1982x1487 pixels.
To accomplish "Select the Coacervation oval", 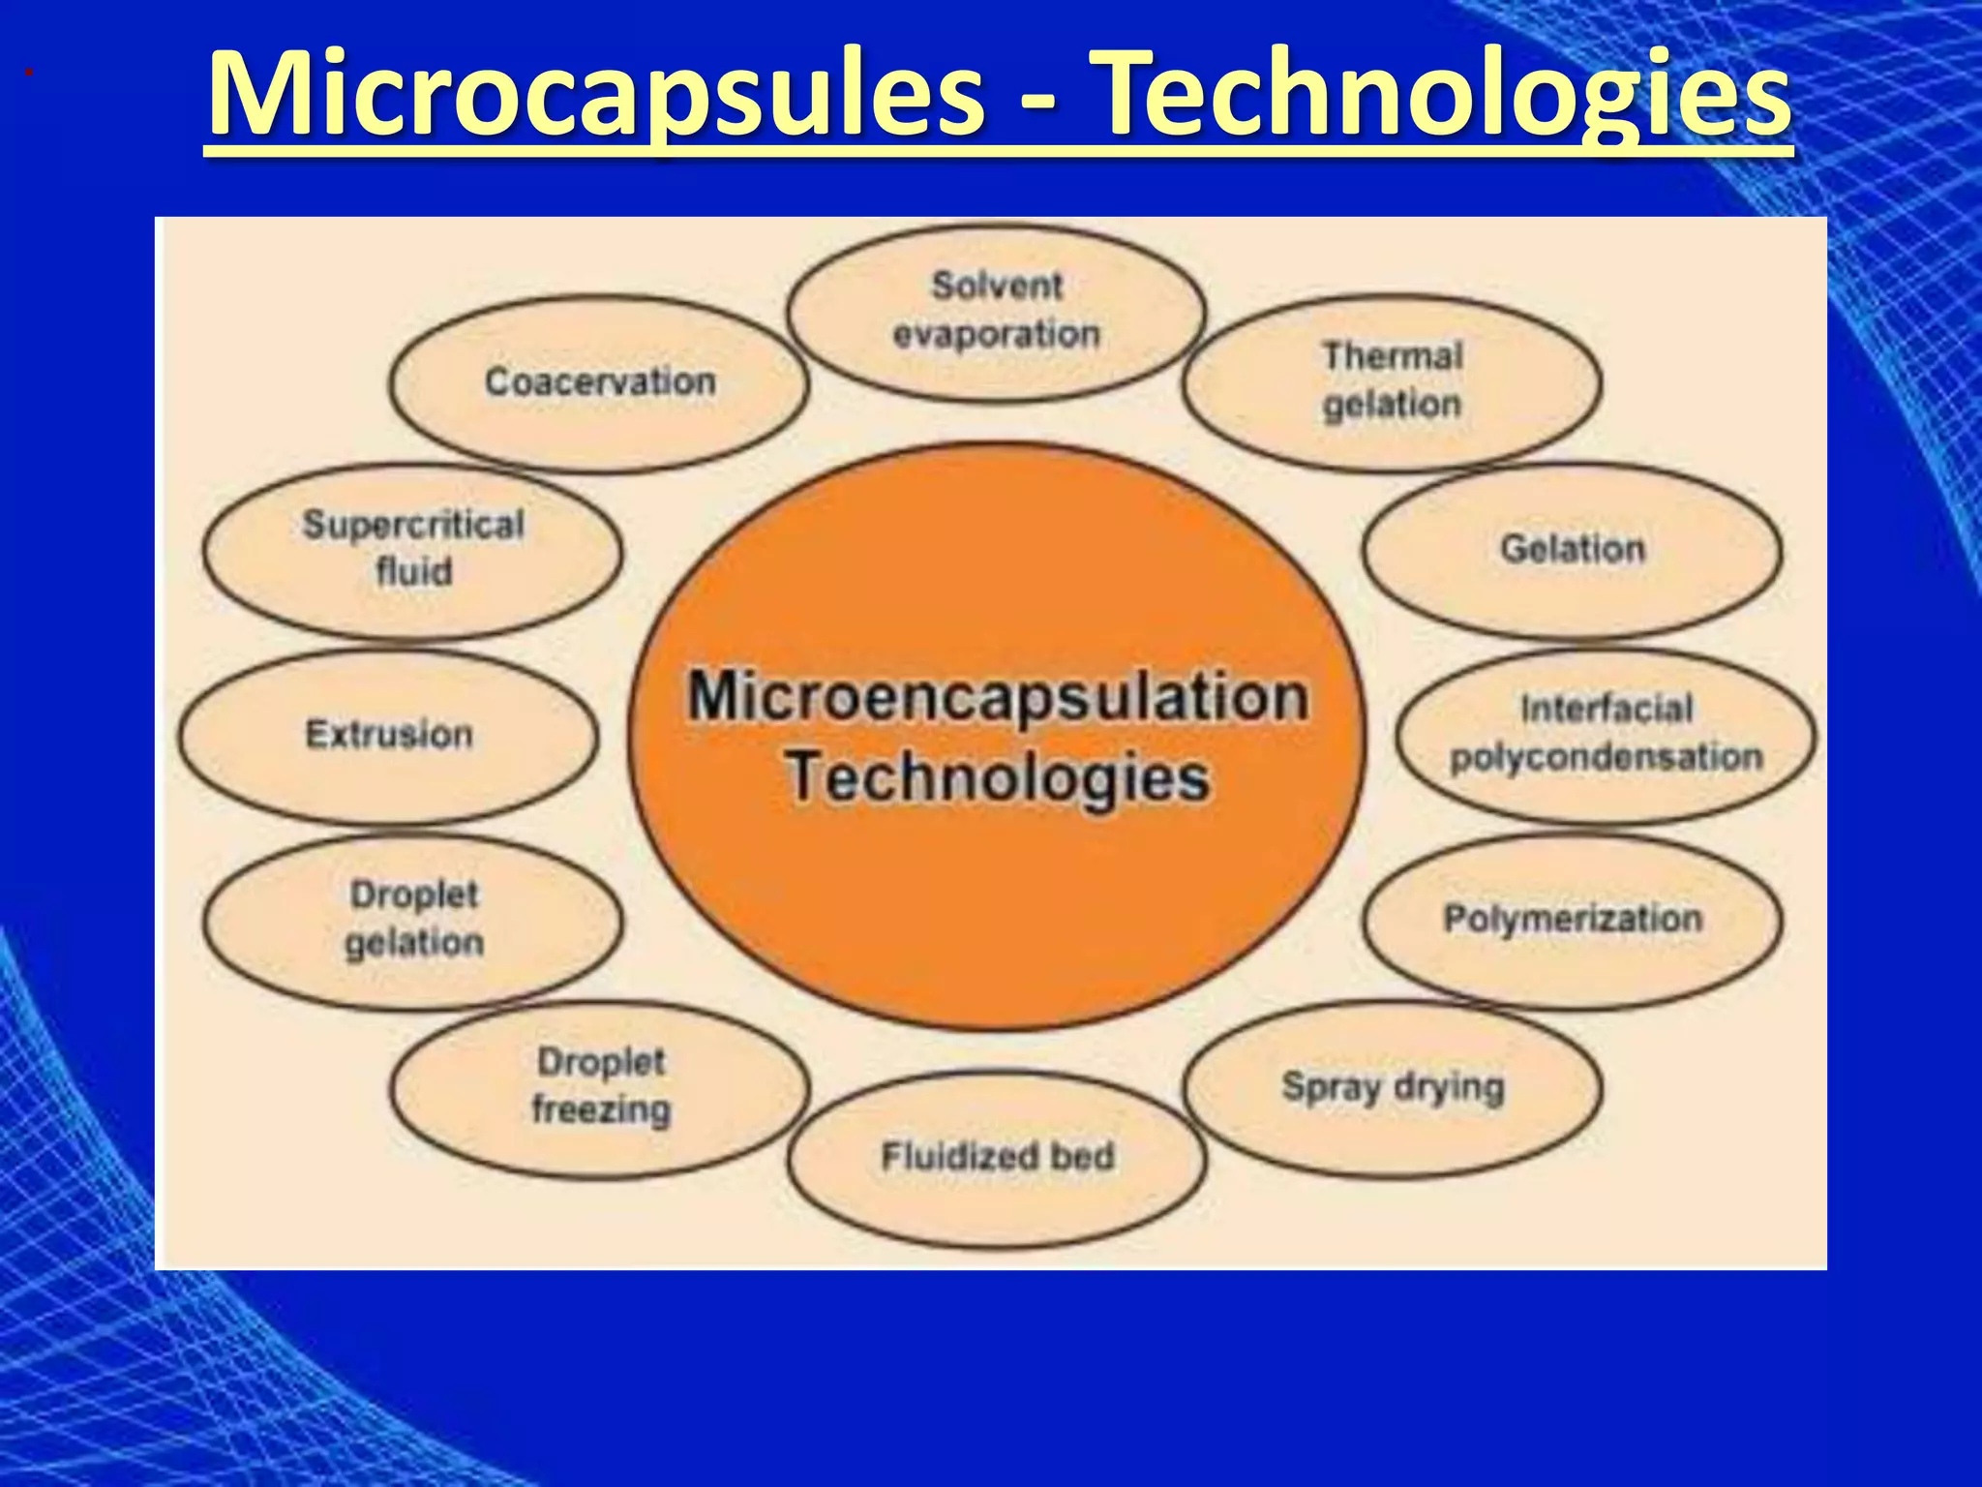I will (x=600, y=382).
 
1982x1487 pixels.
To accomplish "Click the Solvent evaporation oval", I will (x=997, y=311).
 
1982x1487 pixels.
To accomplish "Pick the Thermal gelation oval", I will (x=1392, y=381).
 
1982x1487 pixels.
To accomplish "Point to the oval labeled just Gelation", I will (x=1573, y=549).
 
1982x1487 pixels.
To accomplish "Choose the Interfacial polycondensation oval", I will (x=1607, y=734).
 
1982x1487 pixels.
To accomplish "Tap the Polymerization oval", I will (x=1573, y=919).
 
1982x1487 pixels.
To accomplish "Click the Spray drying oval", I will (x=1393, y=1087).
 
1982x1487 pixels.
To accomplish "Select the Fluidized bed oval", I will (x=997, y=1157).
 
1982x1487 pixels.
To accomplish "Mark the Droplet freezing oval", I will (x=600, y=1087).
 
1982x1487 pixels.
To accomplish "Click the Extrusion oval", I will (x=389, y=735).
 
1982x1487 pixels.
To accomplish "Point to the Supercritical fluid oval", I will (x=413, y=549).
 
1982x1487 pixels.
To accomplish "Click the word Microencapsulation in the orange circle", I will (x=998, y=697).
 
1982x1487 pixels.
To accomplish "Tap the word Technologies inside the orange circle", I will (x=998, y=777).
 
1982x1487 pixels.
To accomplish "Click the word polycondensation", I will (x=1607, y=757).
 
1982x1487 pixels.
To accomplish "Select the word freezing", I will (x=601, y=1109).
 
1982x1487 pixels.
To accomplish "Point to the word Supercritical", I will (x=413, y=526).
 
